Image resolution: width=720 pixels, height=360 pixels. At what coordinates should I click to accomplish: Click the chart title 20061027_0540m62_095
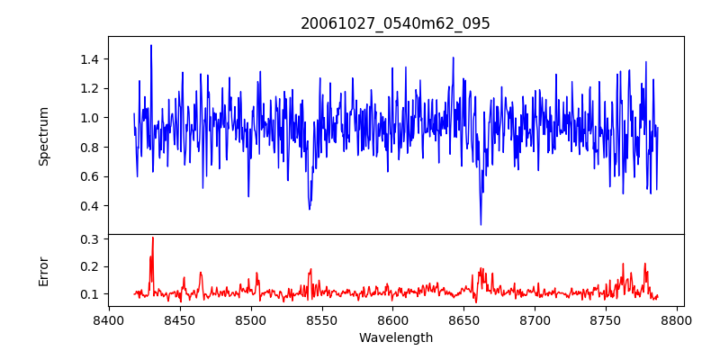click(x=395, y=23)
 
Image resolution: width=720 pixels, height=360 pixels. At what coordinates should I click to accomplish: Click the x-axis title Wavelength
click(x=395, y=337)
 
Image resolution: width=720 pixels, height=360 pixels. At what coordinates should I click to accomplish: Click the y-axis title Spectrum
click(x=44, y=136)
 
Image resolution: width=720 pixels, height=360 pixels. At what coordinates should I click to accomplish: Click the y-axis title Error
click(x=44, y=270)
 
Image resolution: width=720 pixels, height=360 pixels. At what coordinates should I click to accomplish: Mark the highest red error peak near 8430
click(x=153, y=238)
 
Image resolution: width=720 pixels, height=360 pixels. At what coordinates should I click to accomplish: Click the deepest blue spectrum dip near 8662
click(x=481, y=224)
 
